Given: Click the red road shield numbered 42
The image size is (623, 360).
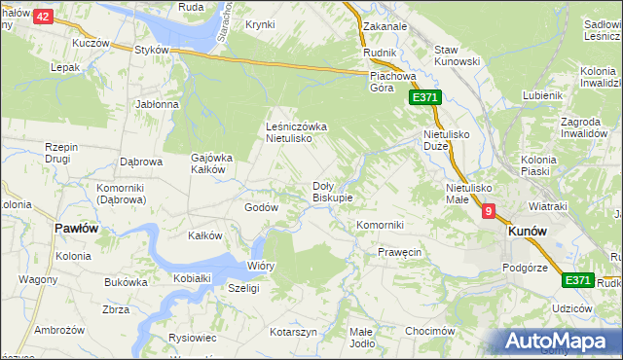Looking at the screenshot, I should pos(42,17).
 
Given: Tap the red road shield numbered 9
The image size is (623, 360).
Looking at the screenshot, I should pos(488,210).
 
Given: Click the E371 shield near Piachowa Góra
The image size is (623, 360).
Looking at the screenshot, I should pos(425,98).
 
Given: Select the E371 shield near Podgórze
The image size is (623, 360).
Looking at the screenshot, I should pos(578,280).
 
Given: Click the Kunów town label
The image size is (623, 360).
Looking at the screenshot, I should pos(526,232).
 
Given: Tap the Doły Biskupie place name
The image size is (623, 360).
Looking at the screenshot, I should pos(332,191).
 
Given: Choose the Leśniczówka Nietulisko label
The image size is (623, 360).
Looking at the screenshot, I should pos(303,132).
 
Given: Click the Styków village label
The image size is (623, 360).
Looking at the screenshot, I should pos(153,50).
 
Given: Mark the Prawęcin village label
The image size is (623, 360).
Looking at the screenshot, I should pos(399,252).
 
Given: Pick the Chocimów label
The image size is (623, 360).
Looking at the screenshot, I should pos(430,331).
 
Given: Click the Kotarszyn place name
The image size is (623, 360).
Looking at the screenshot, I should pos(294,332).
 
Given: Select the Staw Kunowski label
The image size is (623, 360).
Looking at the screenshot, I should pos(458,56).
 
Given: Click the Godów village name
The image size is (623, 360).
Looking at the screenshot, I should pos(261,207).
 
